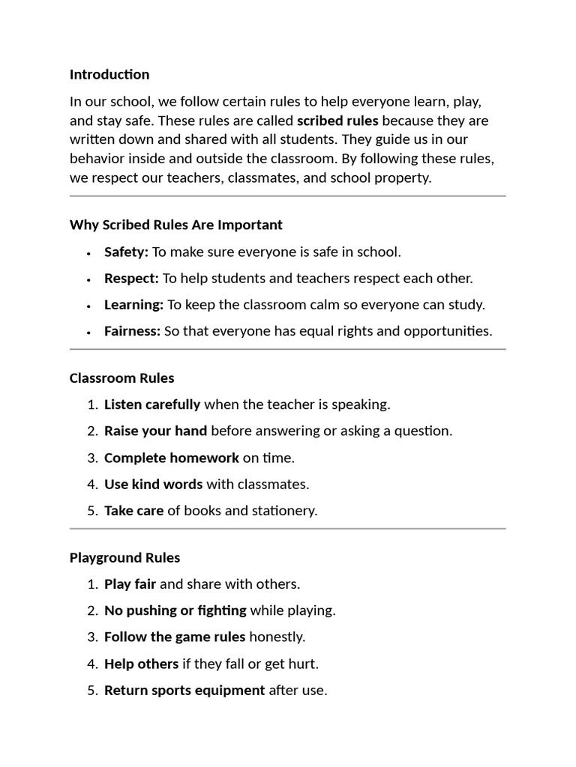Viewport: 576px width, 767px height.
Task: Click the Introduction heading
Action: (109, 74)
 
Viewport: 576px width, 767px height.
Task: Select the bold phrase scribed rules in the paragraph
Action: (337, 121)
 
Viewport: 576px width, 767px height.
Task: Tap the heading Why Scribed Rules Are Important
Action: (176, 225)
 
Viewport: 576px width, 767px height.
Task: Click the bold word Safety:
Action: (126, 252)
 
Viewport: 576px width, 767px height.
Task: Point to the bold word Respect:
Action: (131, 278)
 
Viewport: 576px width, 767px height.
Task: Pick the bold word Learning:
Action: (133, 305)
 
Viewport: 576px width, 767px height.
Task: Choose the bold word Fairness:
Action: (132, 331)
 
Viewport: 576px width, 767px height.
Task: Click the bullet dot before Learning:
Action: (88, 306)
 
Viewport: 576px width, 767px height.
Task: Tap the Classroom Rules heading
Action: (121, 378)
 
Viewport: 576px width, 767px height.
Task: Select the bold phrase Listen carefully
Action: (152, 404)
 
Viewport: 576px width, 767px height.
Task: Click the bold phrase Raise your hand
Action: (155, 431)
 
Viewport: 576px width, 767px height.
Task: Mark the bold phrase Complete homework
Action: (172, 458)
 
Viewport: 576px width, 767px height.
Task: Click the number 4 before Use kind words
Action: (91, 485)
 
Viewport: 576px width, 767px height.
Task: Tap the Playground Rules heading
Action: (124, 558)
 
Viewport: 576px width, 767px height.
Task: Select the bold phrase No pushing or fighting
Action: (175, 610)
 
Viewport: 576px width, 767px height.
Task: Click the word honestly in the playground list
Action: (277, 637)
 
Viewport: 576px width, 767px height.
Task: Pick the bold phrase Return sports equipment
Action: (184, 691)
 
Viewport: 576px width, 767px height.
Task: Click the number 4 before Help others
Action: (91, 664)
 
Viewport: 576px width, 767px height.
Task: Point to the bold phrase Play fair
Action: (130, 584)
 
